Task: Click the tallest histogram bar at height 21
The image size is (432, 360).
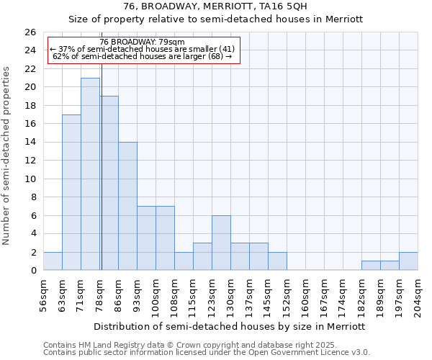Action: (x=90, y=174)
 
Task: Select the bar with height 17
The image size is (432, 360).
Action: (x=71, y=192)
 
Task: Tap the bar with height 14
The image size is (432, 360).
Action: (x=127, y=206)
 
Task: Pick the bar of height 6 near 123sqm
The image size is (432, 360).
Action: (x=221, y=243)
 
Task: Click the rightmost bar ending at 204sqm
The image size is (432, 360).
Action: (x=408, y=261)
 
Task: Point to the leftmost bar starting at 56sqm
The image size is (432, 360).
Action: (x=53, y=261)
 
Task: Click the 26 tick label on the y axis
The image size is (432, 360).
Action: (x=30, y=32)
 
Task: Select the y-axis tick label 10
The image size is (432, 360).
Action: (x=30, y=179)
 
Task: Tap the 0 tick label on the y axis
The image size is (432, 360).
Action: (x=32, y=271)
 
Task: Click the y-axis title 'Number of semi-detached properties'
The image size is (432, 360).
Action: (x=7, y=156)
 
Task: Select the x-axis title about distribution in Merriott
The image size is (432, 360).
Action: (x=230, y=326)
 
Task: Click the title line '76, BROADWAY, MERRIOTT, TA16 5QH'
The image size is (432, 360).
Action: (x=216, y=6)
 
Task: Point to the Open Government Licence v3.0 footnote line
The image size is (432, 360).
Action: (x=207, y=353)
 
